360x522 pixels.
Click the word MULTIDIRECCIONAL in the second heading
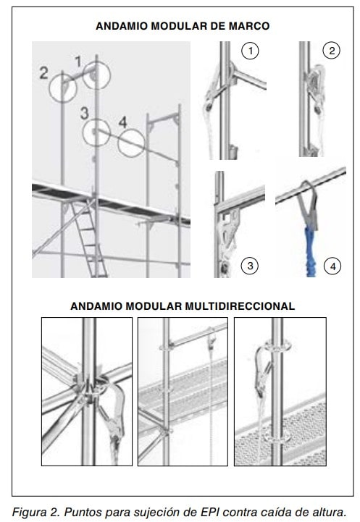click(240, 306)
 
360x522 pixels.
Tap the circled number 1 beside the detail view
click(250, 51)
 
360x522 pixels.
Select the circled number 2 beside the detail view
click(332, 51)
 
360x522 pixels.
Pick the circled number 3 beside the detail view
click(250, 266)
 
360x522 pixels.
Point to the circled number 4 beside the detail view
click(333, 266)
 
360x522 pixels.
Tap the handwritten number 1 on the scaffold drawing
click(78, 62)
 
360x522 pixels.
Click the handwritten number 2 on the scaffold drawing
click(43, 73)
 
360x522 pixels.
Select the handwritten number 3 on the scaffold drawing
click(84, 113)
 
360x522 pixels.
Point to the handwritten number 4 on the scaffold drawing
click(123, 122)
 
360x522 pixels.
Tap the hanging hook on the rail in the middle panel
click(211, 339)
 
